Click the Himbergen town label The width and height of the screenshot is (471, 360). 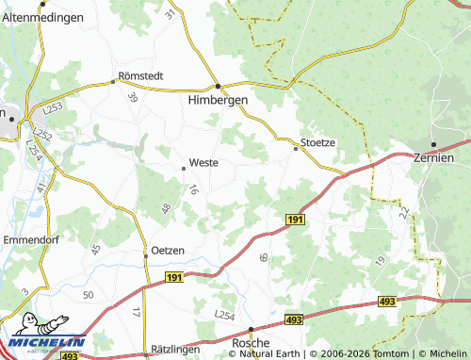(217, 100)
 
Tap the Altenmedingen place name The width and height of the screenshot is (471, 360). (42, 17)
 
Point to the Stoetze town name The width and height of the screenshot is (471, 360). (317, 143)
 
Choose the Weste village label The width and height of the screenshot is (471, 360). (203, 162)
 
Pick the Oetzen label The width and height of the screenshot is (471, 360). (164, 250)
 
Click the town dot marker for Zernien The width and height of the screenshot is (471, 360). (434, 144)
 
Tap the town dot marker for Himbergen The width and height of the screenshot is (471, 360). (218, 85)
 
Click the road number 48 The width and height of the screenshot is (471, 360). (166, 208)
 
